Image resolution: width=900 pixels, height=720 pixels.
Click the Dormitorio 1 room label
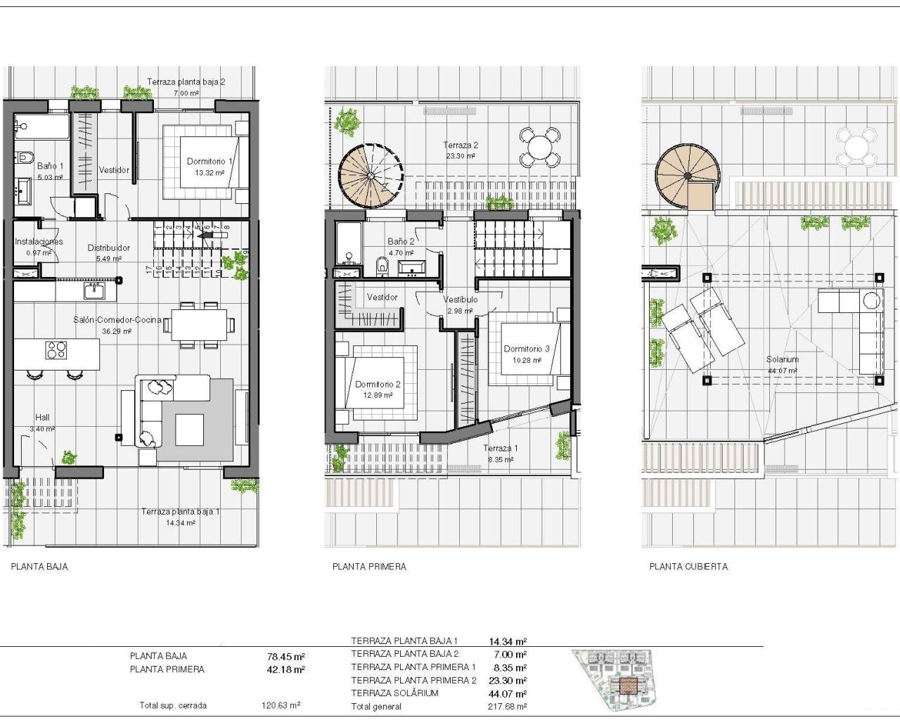(210, 162)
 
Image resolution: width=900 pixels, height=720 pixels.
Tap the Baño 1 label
(50, 166)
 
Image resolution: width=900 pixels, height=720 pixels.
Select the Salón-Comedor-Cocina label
(117, 320)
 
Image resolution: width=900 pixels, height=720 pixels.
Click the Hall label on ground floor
(43, 417)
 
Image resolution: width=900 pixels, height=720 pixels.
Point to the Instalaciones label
(39, 241)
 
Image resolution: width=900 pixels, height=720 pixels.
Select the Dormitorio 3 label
(526, 349)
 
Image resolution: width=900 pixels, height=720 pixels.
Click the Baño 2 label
(401, 241)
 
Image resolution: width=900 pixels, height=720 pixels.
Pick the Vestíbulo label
(461, 300)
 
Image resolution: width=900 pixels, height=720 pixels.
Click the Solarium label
(782, 359)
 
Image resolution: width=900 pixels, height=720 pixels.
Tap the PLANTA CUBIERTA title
(688, 567)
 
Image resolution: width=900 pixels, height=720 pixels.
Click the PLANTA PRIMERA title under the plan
(369, 567)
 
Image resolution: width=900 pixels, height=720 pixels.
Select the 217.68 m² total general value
(507, 706)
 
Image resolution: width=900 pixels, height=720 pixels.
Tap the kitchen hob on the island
(56, 349)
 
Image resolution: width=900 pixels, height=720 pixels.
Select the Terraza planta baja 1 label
(180, 512)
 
